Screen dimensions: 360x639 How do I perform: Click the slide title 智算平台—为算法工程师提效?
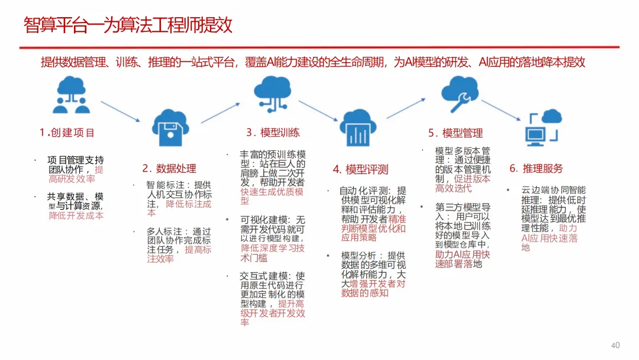128,25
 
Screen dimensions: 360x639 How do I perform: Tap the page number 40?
615,345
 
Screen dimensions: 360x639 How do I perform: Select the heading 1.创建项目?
67,132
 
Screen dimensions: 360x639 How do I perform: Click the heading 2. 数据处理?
169,169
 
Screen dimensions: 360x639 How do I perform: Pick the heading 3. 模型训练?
273,133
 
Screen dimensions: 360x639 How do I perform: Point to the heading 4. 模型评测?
360,170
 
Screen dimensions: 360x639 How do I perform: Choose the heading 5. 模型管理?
456,133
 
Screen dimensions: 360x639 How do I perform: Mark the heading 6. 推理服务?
536,169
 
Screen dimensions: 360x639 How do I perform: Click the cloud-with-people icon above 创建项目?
72,95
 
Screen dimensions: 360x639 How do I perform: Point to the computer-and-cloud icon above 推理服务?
543,127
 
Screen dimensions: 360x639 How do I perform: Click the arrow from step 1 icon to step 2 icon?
121,112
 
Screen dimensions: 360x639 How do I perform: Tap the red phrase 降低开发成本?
76,216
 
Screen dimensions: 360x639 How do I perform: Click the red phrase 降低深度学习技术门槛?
272,253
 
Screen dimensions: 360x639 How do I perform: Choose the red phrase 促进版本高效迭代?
463,184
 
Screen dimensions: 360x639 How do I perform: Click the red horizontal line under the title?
319,47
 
